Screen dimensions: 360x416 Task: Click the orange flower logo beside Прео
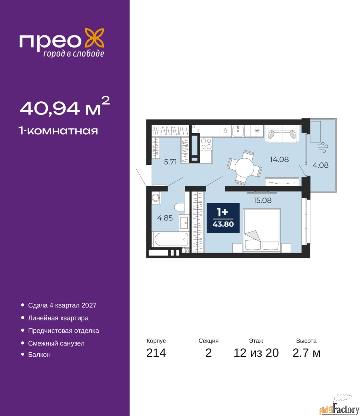coord(94,38)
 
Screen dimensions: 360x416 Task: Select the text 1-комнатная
coord(58,131)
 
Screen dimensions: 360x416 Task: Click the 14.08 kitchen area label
coord(279,159)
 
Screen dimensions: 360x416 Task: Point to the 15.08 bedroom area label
coord(263,200)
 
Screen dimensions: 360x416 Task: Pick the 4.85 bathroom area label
coord(165,218)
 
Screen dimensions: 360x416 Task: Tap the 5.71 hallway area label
coord(170,162)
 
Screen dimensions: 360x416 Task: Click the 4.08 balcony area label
coord(320,165)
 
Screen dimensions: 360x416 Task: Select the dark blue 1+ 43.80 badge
coord(223,218)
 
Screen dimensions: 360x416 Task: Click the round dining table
coord(244,167)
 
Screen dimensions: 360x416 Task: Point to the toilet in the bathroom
coord(180,207)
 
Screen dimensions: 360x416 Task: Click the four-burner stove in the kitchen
coord(206,144)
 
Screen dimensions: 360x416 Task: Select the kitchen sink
coord(238,131)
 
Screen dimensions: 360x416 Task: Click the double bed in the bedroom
coord(262,230)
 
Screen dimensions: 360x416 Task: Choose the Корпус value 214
coord(156,353)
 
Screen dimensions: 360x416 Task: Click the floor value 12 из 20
coord(256,353)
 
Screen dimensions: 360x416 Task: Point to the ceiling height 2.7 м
coord(306,353)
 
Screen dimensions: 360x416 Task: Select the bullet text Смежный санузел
coord(56,343)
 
